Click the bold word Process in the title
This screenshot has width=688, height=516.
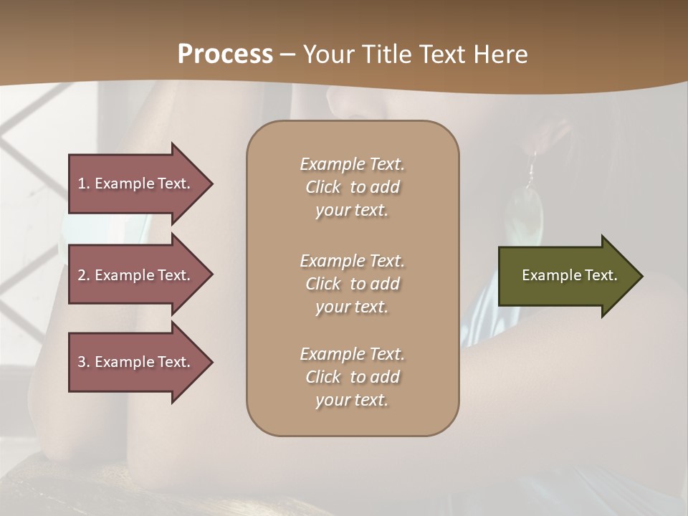click(x=225, y=54)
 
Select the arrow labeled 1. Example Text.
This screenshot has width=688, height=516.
click(x=136, y=183)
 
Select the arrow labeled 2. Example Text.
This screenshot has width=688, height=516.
click(x=136, y=275)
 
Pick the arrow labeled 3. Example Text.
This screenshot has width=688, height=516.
click(x=136, y=362)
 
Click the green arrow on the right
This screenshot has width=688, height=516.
click(x=566, y=275)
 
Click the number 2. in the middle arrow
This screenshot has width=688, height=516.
click(x=84, y=275)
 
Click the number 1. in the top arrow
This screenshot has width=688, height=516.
click(x=84, y=183)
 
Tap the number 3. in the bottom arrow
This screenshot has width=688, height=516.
click(x=84, y=362)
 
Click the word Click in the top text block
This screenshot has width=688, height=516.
click(x=323, y=187)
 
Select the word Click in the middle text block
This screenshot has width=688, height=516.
click(x=323, y=284)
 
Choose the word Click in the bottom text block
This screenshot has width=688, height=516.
click(x=323, y=377)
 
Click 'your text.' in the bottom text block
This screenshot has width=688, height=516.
click(x=352, y=400)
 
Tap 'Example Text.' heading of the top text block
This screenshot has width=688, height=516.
click(x=352, y=164)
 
